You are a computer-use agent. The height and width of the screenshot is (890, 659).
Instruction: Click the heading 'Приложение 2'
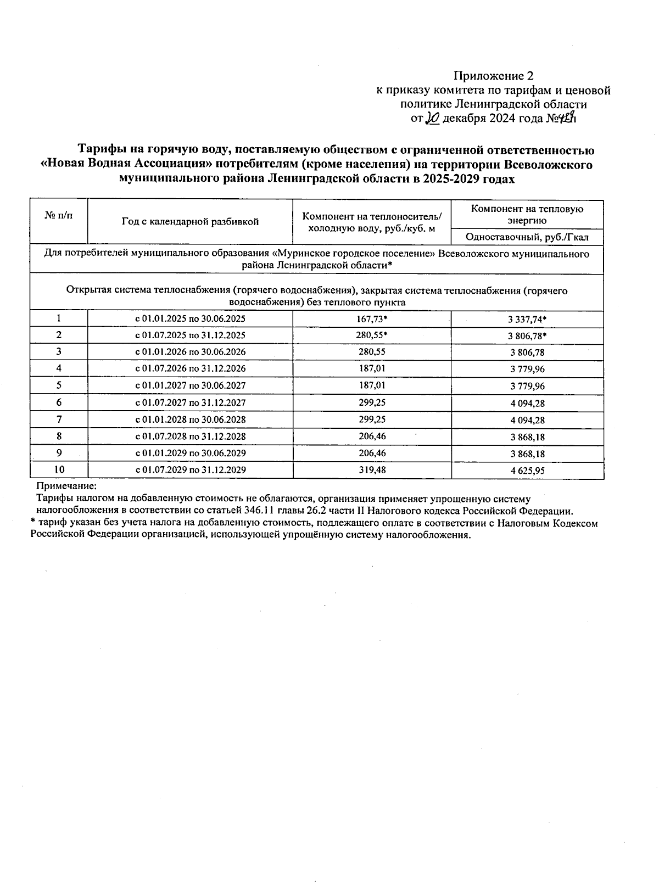tap(493, 76)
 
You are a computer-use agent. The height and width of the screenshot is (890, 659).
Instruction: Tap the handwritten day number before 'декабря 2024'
tap(433, 118)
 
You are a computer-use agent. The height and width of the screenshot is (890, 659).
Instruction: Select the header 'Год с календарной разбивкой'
tap(190, 222)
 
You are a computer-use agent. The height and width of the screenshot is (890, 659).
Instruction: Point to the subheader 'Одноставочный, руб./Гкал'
tap(527, 237)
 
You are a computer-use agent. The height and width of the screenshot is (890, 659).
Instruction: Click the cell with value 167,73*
tap(372, 318)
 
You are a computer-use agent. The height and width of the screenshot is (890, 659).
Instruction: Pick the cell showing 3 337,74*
tap(528, 319)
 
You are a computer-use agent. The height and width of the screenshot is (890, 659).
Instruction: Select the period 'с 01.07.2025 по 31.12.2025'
tap(190, 335)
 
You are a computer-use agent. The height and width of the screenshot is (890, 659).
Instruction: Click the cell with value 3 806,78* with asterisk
tap(528, 335)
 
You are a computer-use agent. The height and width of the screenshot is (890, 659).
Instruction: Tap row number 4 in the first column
tap(59, 368)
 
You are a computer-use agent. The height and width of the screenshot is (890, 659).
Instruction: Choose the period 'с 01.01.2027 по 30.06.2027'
tap(190, 385)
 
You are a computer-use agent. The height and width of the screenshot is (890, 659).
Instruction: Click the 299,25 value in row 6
tap(371, 402)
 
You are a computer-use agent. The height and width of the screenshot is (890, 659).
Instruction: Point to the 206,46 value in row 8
tap(371, 436)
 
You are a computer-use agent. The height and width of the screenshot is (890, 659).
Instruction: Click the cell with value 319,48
tap(371, 470)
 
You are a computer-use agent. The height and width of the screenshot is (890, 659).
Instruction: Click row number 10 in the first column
tap(59, 470)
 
